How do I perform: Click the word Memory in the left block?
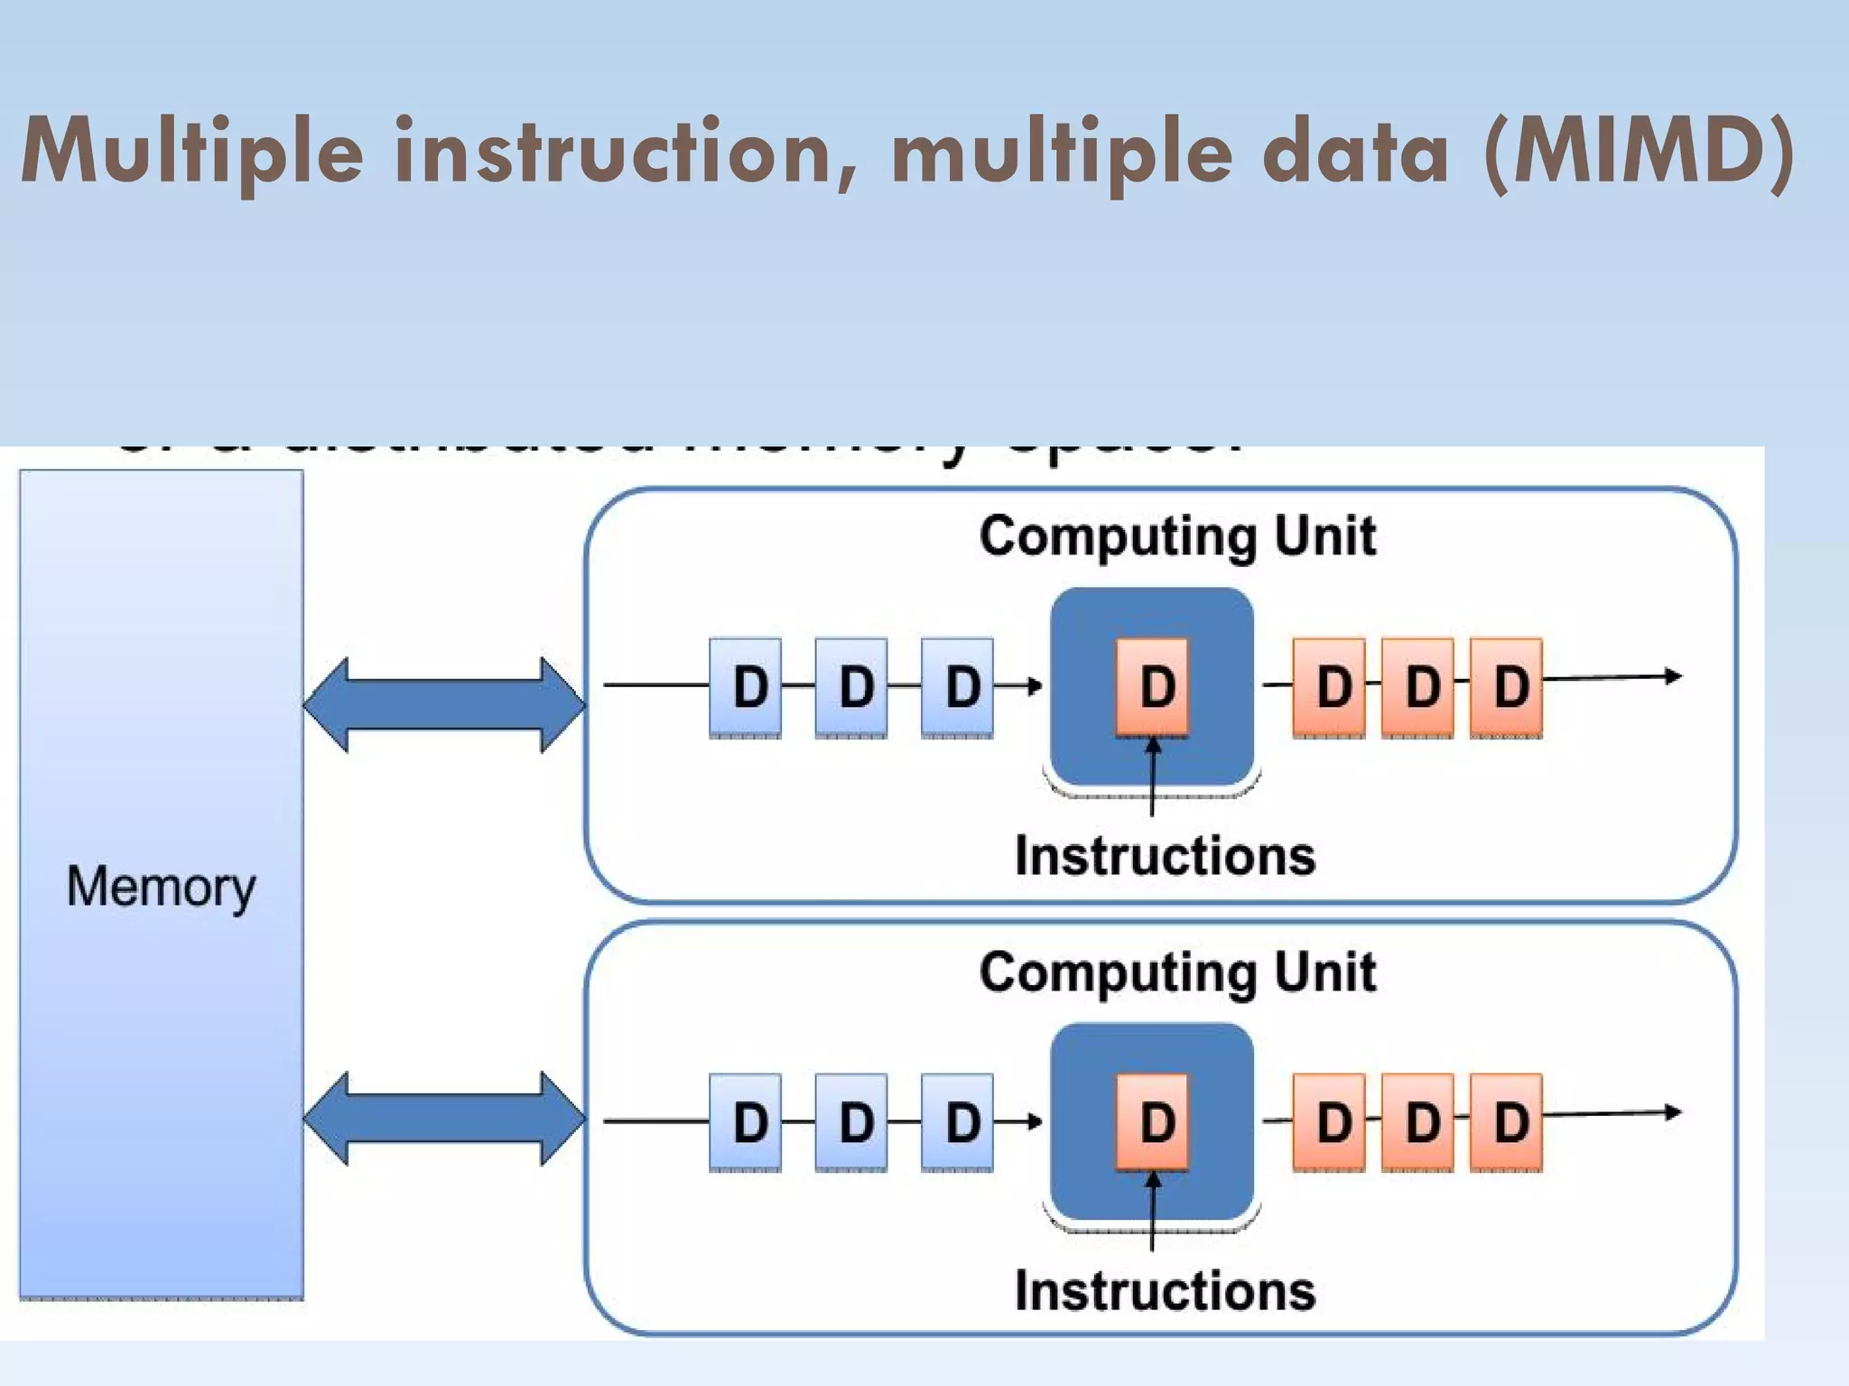(x=161, y=887)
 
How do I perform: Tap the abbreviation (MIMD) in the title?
(x=1639, y=152)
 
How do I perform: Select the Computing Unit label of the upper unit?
(x=1177, y=536)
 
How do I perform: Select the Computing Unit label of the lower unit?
(x=1177, y=972)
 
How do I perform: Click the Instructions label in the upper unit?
(x=1165, y=856)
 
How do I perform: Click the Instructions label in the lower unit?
(x=1165, y=1291)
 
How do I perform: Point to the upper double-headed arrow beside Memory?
(x=444, y=704)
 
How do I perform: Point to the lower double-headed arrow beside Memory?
(x=444, y=1119)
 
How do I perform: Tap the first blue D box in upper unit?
(x=746, y=687)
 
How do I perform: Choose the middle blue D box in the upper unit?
(x=851, y=687)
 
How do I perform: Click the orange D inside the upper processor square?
(x=1153, y=687)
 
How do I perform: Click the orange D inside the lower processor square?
(x=1153, y=1122)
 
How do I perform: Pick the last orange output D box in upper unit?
(x=1506, y=687)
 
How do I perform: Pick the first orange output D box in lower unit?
(x=1329, y=1122)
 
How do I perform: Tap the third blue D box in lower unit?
(x=957, y=1122)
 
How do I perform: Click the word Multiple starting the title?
(x=191, y=152)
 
